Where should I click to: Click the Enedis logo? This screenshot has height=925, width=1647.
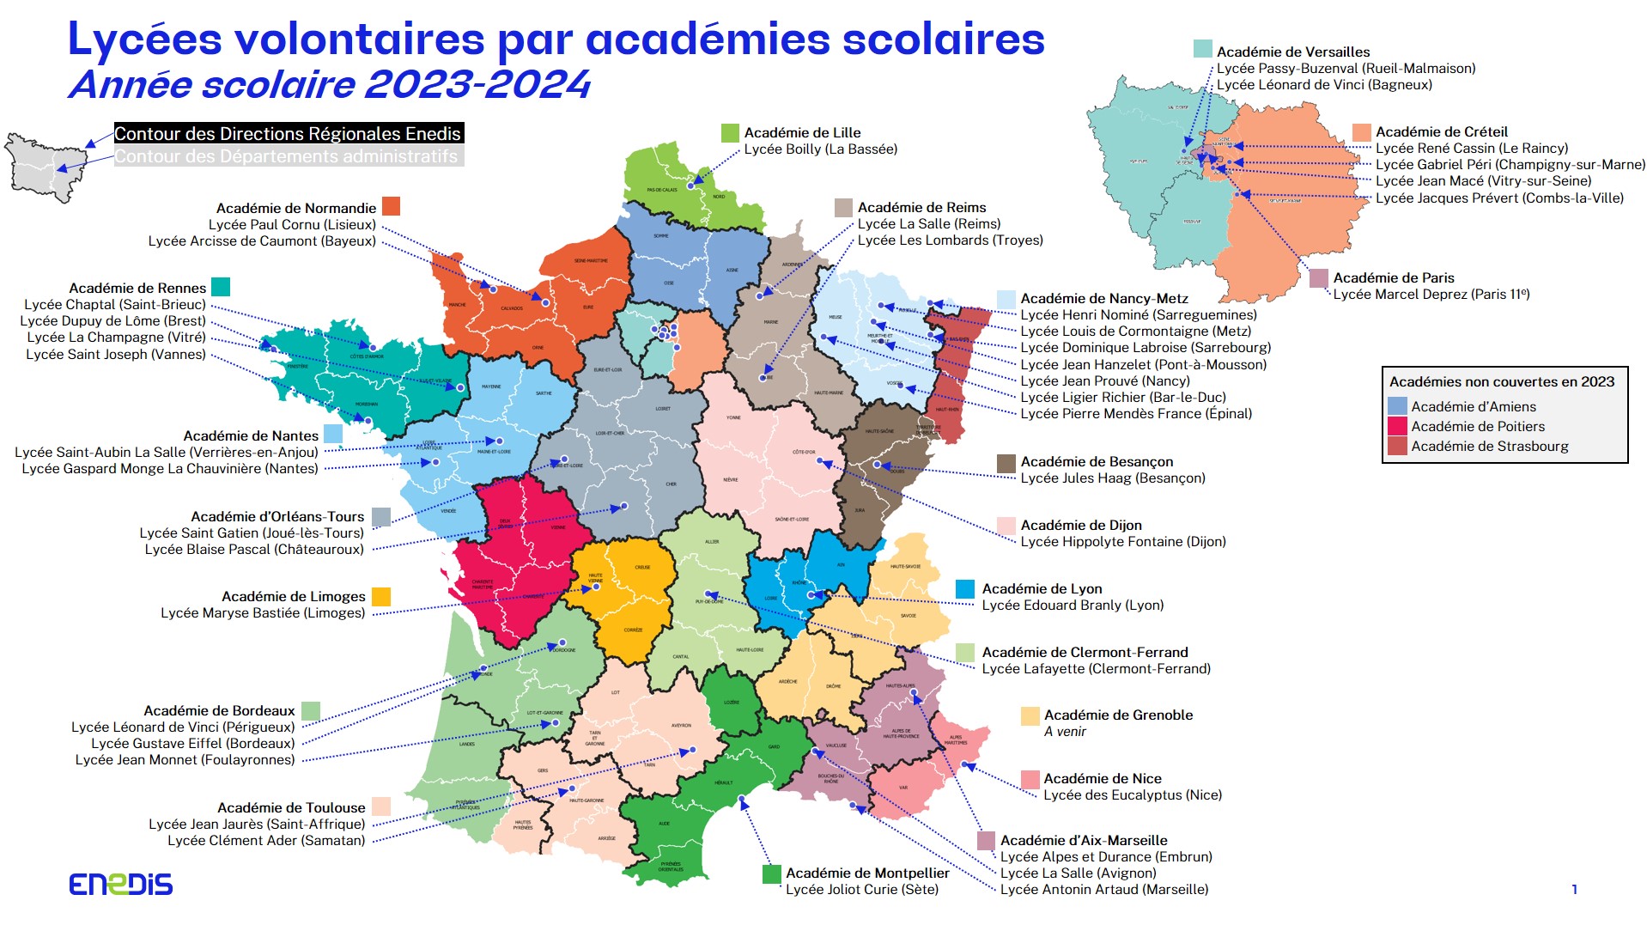tap(120, 884)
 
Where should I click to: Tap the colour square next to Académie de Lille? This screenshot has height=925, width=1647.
tap(729, 133)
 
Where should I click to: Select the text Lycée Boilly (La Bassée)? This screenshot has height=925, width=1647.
tap(820, 149)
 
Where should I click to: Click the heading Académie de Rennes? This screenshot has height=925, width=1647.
tap(137, 289)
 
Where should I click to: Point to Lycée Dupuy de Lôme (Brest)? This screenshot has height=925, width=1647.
tap(112, 321)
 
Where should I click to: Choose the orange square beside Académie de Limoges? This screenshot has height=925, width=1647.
tap(381, 597)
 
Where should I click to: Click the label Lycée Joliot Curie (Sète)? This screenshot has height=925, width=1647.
tap(861, 890)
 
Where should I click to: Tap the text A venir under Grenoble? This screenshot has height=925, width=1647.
tap(1065, 732)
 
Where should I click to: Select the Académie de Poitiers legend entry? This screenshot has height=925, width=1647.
tap(1477, 427)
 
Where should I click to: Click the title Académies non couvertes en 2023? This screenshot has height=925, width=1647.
tap(1502, 382)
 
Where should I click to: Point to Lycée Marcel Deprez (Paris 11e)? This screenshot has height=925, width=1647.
tap(1431, 295)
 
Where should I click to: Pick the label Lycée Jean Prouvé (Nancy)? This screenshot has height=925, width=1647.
tap(1104, 381)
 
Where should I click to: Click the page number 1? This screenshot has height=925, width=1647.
tap(1574, 890)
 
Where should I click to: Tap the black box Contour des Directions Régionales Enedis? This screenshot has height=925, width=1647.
tap(289, 134)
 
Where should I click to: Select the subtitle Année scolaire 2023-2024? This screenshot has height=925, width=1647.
tap(329, 85)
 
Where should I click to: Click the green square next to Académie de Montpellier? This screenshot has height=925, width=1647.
tap(771, 874)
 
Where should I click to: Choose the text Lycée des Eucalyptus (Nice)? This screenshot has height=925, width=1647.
tap(1132, 795)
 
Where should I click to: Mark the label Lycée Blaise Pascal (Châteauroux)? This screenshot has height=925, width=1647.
tap(254, 550)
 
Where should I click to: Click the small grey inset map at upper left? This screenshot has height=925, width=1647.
tap(40, 167)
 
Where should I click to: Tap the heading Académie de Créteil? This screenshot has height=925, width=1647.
tap(1441, 132)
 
